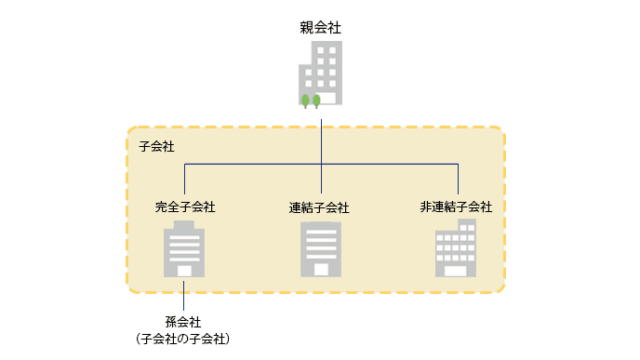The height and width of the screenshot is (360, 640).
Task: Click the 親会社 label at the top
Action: pos(320,26)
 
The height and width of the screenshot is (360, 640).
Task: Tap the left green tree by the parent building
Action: pos(306,100)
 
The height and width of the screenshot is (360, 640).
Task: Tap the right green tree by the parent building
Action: pos(317,100)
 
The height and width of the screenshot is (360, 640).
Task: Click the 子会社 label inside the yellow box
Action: pos(156,146)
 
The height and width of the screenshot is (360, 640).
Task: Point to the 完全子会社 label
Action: pos(185,207)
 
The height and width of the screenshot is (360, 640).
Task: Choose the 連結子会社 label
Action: pos(320,207)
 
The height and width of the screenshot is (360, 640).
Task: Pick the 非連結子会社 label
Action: pos(456,207)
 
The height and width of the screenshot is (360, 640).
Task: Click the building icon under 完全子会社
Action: pos(184,249)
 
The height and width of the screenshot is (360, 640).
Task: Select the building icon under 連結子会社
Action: pos(320,249)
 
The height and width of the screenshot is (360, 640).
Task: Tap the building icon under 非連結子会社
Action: pos(455,249)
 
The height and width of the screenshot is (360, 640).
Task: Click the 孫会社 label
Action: pos(184,322)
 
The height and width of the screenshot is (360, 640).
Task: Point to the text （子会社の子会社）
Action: pos(184,340)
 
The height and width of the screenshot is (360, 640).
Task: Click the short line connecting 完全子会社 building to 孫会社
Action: pos(184,294)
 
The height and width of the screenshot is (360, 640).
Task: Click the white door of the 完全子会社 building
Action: pos(184,270)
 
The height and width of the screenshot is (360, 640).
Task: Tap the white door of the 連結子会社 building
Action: pos(320,270)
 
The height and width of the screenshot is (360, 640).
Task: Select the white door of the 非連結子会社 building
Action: pos(456,270)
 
